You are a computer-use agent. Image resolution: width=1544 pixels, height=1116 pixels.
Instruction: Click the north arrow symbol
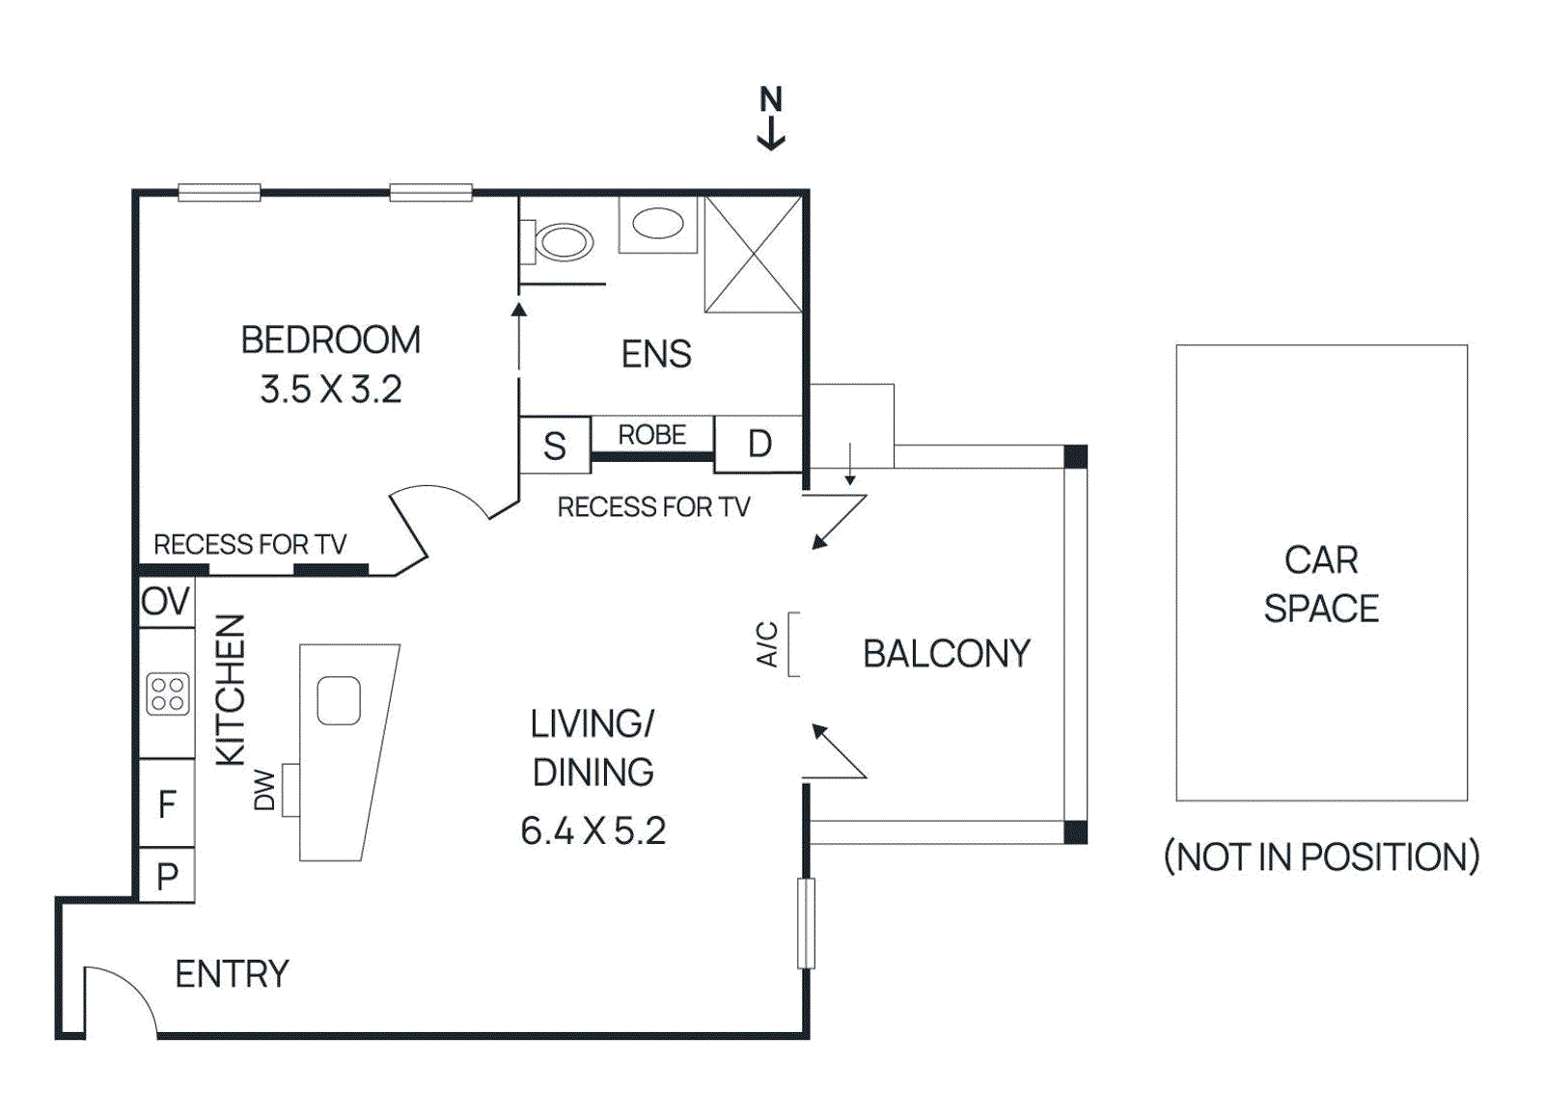click(x=770, y=119)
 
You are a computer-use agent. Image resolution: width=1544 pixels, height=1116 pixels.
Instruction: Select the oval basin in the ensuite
click(x=658, y=224)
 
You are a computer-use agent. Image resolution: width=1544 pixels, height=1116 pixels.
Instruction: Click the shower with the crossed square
click(x=754, y=255)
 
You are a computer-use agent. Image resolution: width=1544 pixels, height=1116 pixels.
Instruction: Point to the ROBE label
click(x=651, y=435)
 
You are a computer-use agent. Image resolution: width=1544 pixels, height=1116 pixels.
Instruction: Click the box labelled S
click(x=555, y=446)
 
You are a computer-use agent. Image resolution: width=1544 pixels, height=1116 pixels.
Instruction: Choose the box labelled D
click(x=759, y=444)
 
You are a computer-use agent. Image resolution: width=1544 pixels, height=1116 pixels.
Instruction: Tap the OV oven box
click(x=166, y=602)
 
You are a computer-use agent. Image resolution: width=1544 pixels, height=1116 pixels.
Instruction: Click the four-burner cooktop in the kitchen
click(x=168, y=694)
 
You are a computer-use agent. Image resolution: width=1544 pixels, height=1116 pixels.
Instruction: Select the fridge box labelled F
click(x=167, y=803)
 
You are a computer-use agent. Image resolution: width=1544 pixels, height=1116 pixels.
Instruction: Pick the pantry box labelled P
click(x=167, y=876)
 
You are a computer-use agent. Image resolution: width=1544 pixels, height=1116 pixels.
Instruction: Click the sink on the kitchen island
click(x=339, y=700)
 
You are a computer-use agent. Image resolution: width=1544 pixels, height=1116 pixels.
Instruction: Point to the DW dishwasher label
click(x=264, y=790)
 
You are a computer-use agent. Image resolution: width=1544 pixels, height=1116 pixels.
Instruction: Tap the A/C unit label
click(x=767, y=644)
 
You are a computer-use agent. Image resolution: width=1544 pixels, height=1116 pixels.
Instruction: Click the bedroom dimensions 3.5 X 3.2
click(x=331, y=390)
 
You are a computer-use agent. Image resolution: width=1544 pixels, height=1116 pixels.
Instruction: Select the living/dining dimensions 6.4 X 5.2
click(x=593, y=830)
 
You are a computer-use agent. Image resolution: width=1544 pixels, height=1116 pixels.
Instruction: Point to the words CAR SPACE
click(x=1321, y=585)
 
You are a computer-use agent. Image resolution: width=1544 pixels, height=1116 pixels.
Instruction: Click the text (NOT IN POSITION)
click(x=1321, y=857)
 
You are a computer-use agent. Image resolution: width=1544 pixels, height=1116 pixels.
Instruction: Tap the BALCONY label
click(x=946, y=654)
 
